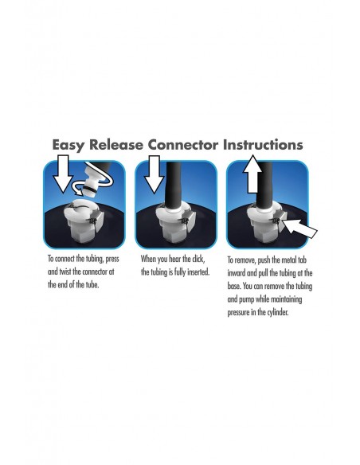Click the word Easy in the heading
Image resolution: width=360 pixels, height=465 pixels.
[x=68, y=145]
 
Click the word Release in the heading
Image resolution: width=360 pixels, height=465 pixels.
[x=116, y=145]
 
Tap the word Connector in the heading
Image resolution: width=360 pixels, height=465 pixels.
[x=183, y=145]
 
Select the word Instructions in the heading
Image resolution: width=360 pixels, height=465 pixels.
[x=263, y=145]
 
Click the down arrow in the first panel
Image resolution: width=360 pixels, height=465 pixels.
[x=63, y=174]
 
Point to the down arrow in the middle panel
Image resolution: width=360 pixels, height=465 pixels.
[x=154, y=174]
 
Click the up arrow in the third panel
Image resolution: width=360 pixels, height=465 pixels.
[x=252, y=174]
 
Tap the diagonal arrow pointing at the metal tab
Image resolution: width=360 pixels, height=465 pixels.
[x=299, y=229]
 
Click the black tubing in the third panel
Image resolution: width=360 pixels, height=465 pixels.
[x=264, y=186]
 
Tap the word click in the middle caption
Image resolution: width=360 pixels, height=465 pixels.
[x=198, y=259]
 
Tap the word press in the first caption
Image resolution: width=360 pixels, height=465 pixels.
[x=112, y=260]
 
